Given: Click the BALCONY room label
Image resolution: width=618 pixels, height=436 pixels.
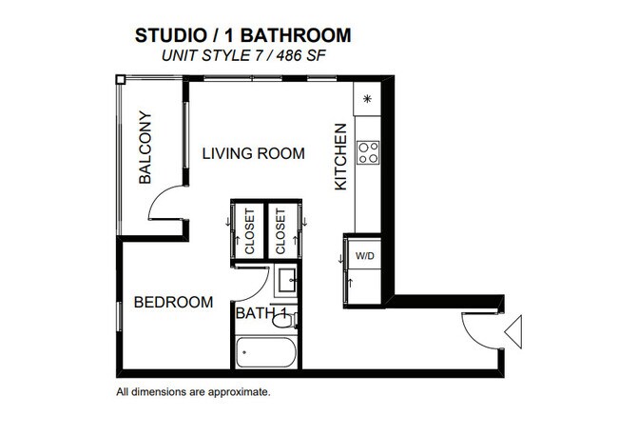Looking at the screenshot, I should pos(145,148).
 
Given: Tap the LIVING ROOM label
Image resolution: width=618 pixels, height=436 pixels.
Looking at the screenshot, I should pos(253,153).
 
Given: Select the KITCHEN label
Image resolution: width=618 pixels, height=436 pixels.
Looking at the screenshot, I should pos(340,157).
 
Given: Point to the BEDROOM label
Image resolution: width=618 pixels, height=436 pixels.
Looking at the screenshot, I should pos(172,303).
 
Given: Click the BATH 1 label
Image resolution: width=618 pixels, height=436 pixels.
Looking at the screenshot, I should pos(261,312).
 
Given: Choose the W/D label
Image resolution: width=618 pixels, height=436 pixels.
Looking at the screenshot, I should pos(365,256).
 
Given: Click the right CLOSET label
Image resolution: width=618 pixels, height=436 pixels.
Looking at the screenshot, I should pos(280,231).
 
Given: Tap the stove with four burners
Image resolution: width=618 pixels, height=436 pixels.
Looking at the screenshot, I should pos(367,152).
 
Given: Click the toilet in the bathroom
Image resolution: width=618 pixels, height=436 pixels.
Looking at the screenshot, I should pos(283,320).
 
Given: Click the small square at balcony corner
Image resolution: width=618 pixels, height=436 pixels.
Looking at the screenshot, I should pos(120,81).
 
